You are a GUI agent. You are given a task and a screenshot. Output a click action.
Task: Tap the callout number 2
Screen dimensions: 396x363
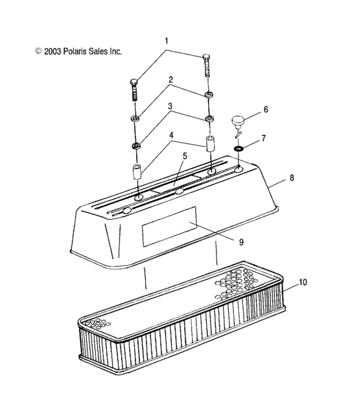(x=170, y=80)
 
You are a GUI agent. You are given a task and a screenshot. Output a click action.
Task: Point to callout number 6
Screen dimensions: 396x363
(x=265, y=110)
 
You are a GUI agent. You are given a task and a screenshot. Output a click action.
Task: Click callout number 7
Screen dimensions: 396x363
(x=264, y=139)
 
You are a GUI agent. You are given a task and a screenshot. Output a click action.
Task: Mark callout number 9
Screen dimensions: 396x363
(x=241, y=241)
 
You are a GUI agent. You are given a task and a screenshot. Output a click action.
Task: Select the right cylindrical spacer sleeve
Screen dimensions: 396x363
(x=211, y=143)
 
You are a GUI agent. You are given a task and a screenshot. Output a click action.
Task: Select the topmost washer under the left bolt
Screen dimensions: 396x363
(x=136, y=118)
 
